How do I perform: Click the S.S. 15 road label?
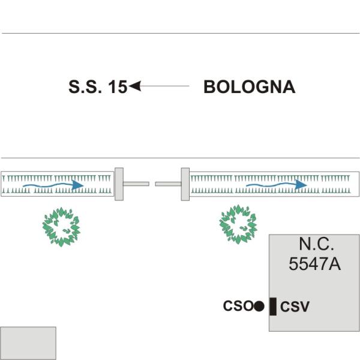click(98, 87)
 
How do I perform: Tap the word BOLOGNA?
click(250, 87)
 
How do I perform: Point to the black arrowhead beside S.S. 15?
click(135, 86)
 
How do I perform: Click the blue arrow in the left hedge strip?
click(53, 185)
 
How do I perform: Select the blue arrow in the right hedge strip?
click(277, 185)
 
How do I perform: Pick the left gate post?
click(119, 184)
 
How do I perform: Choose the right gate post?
click(185, 184)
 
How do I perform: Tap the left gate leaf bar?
click(136, 184)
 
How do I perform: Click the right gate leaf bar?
click(168, 184)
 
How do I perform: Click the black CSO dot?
click(259, 306)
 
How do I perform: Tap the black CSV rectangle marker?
click(273, 307)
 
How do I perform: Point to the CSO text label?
click(238, 306)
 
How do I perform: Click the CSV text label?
click(295, 306)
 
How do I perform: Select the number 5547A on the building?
click(314, 264)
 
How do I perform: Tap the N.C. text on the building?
click(316, 244)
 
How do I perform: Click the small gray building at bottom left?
click(28, 343)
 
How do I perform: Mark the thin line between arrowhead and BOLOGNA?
click(165, 86)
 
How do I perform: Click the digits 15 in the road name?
click(118, 87)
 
